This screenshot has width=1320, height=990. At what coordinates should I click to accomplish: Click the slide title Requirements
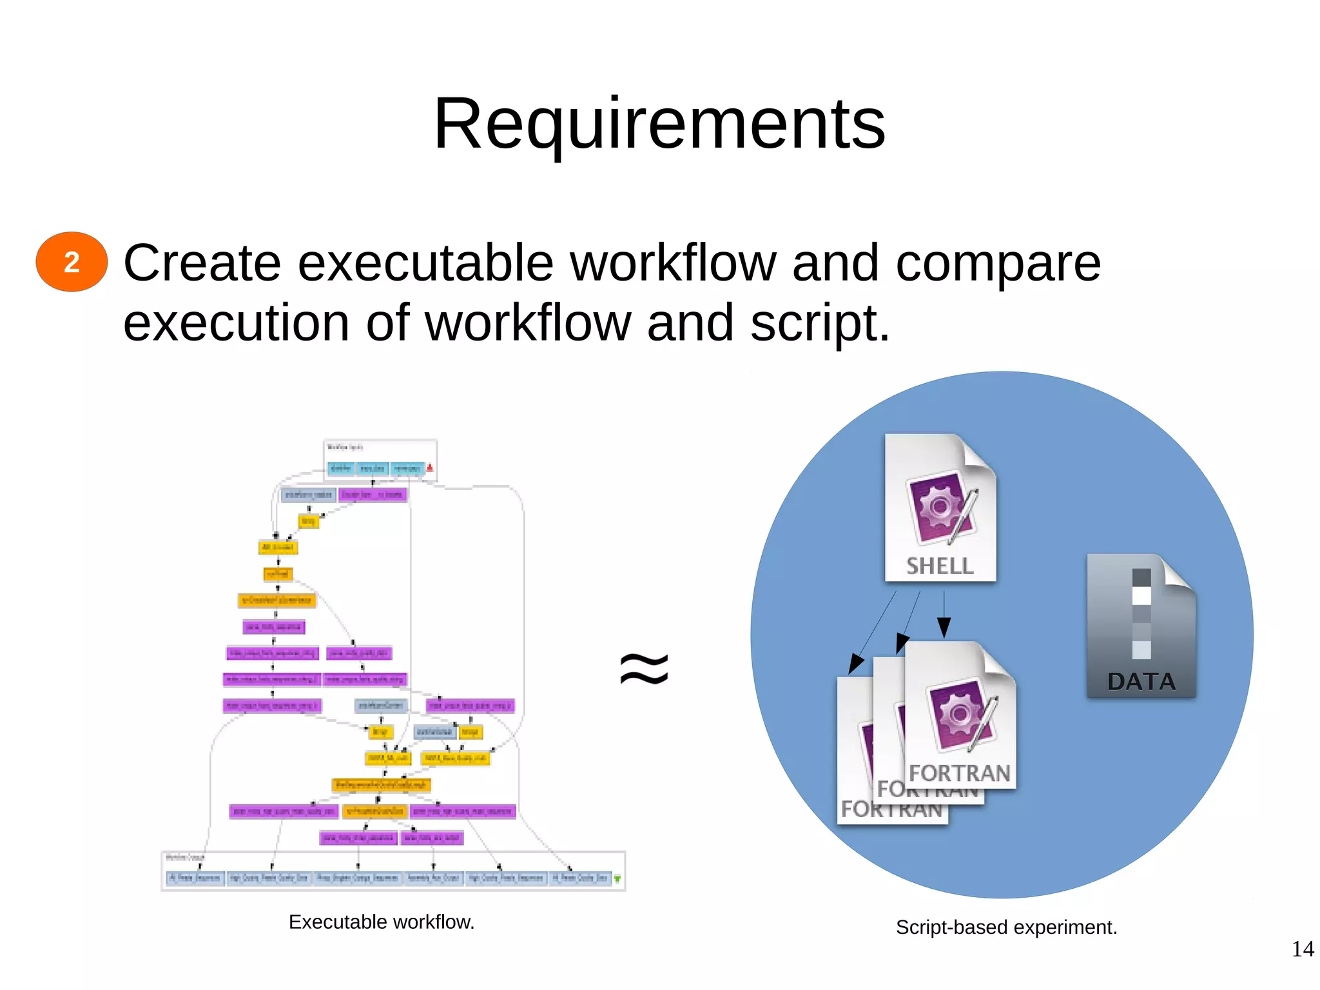click(x=659, y=124)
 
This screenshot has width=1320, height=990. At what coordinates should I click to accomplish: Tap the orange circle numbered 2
click(x=72, y=262)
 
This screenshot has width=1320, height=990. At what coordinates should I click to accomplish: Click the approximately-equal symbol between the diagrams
click(x=644, y=668)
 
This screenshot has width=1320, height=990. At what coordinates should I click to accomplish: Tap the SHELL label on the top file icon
click(x=940, y=566)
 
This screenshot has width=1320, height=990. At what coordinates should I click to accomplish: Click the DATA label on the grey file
click(x=1141, y=682)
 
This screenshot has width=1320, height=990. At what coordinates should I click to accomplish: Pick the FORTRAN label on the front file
click(x=959, y=773)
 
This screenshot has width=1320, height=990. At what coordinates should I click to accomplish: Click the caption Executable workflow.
click(x=381, y=922)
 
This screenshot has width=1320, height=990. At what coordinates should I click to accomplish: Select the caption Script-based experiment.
click(x=1006, y=927)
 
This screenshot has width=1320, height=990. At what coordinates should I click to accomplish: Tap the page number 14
click(x=1302, y=949)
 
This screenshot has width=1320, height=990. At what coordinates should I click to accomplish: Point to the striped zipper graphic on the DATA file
click(x=1141, y=613)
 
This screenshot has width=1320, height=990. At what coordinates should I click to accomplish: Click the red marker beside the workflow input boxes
click(x=430, y=468)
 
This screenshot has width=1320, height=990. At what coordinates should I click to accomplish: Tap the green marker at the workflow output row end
click(x=617, y=878)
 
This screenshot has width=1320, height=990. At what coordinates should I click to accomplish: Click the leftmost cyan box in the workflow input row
click(x=341, y=468)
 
